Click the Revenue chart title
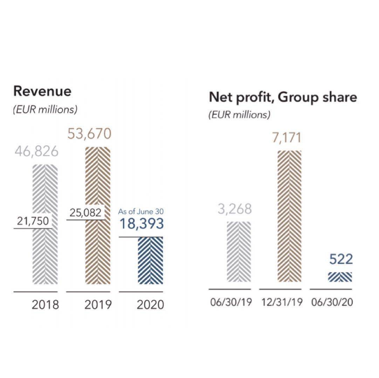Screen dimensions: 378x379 [x=42, y=91]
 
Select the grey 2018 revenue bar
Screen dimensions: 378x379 [x=44, y=252]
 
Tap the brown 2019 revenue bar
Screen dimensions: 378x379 [x=98, y=245]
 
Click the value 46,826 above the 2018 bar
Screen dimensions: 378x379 [x=36, y=152]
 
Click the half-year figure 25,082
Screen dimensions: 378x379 [x=85, y=212]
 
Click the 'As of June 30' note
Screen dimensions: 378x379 [x=141, y=211]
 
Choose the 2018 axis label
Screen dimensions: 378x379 [x=45, y=305]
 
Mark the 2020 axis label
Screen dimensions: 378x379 [x=150, y=305]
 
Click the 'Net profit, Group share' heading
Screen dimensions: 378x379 [x=283, y=97]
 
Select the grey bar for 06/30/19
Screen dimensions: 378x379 [x=239, y=252]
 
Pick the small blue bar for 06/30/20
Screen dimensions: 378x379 [x=340, y=277]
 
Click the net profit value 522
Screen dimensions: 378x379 [x=341, y=260]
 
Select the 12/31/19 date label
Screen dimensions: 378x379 [x=281, y=302]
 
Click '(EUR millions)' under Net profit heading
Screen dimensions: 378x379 [x=239, y=115]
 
